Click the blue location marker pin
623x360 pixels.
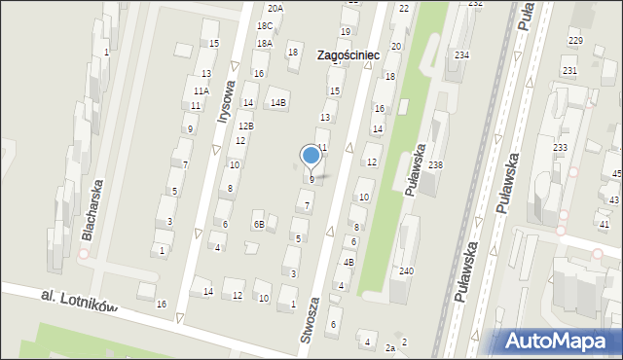pos(311,156)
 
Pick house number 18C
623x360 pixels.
pos(264,26)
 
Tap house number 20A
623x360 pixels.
pos(275,8)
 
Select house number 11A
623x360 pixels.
pos(201,90)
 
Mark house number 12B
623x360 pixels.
pos(246,126)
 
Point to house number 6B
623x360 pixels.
pos(259,225)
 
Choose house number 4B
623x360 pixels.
pos(348,262)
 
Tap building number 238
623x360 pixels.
pos(435,164)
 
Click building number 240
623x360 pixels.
pos(406,270)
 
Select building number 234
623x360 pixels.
pos(461,55)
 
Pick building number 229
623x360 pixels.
pos(575,40)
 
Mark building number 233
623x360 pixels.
pos(560,147)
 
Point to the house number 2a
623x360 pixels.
pos(390,347)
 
